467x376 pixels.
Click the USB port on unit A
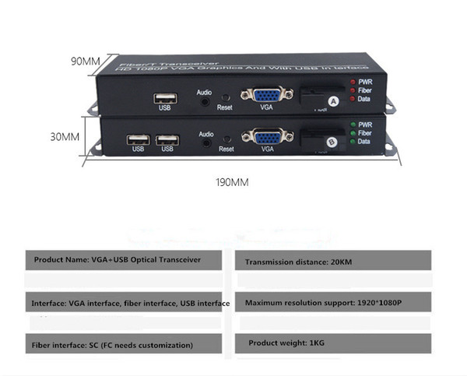coord(166,98)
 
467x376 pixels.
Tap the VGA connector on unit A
coord(267,95)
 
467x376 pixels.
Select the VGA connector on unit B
coord(268,137)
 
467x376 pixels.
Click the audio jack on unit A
coord(205,102)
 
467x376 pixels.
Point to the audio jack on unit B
coord(206,143)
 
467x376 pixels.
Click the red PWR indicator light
coord(353,82)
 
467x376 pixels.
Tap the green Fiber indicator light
coord(353,133)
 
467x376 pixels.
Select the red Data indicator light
coord(353,99)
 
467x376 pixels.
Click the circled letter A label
coord(333,102)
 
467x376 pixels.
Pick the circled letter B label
coord(332,142)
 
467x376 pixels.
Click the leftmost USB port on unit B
coord(139,139)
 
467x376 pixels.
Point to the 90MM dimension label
coord(85,61)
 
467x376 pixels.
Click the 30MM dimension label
coord(65,137)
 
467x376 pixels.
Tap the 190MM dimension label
coord(232,182)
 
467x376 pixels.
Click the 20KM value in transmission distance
coord(342,262)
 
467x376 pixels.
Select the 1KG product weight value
coord(317,343)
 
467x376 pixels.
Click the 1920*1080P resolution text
coord(379,303)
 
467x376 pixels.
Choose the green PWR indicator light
coord(353,125)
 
